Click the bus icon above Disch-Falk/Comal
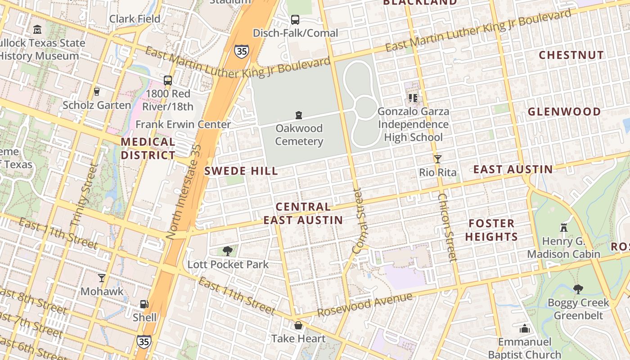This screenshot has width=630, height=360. (x=295, y=20)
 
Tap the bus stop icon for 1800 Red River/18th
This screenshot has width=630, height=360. (x=167, y=81)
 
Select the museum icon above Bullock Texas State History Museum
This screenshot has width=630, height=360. (x=37, y=30)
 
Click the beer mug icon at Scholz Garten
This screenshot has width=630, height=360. (x=96, y=91)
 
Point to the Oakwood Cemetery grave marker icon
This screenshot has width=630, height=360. (x=298, y=115)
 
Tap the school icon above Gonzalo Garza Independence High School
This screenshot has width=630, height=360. (x=413, y=97)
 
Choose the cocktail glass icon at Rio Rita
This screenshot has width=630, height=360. (x=437, y=159)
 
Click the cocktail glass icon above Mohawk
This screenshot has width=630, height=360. (x=102, y=278)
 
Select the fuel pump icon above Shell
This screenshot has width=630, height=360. (x=144, y=304)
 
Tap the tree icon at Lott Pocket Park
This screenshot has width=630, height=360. (x=228, y=251)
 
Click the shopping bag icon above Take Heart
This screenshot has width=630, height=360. (x=298, y=325)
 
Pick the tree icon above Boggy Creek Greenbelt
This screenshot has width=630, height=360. (x=578, y=289)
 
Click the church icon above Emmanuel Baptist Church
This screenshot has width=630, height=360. (x=524, y=329)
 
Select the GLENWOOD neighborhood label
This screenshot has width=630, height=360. (x=564, y=112)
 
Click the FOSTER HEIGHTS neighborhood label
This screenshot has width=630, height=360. (x=491, y=230)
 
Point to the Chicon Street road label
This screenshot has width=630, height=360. (x=447, y=227)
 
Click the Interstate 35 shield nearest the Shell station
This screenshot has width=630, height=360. (x=144, y=341)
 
